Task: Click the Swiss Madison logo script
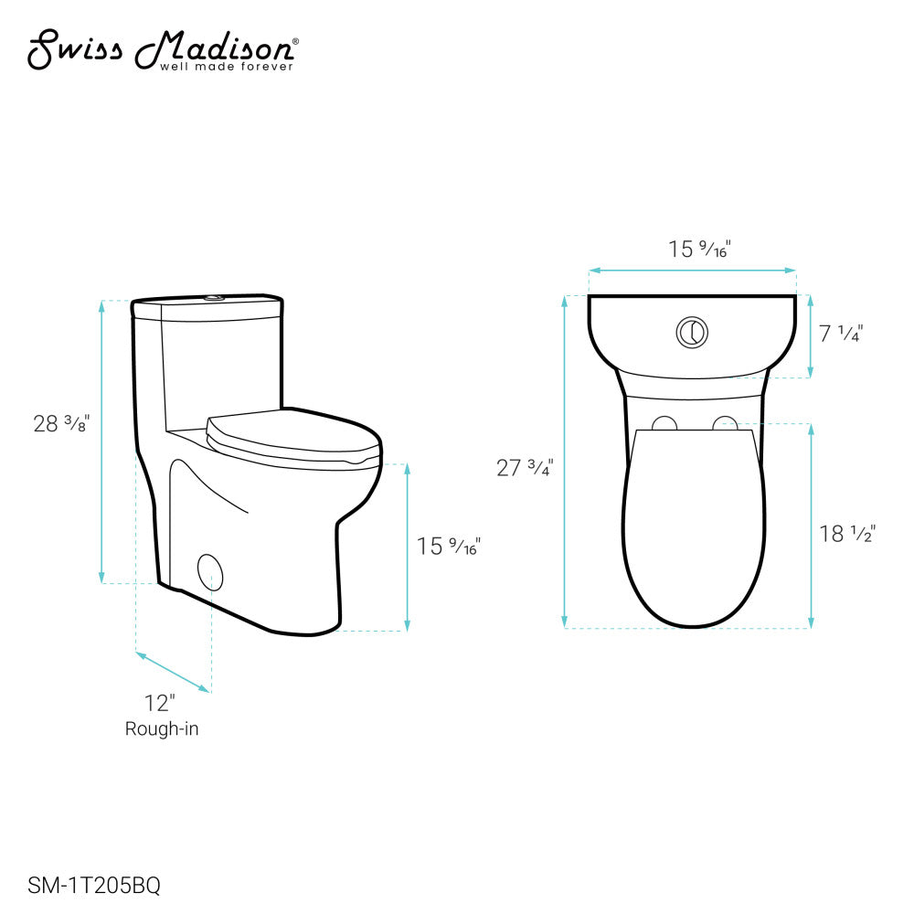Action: coord(160,48)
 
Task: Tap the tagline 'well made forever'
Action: coord(227,67)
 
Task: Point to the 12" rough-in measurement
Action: coord(159,703)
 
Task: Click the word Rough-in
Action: coord(162,729)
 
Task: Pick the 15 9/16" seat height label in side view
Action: coord(448,547)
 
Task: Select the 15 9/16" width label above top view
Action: coord(700,249)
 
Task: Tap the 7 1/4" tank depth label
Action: coord(840,334)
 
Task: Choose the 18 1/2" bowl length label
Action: coord(847,534)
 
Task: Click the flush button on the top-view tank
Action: coord(692,332)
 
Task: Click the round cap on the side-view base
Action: coord(210,570)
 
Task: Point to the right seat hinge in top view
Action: coord(724,423)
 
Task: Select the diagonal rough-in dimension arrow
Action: coord(174,672)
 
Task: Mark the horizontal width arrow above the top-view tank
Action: coord(692,271)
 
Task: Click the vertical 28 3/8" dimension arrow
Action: coord(101,441)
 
